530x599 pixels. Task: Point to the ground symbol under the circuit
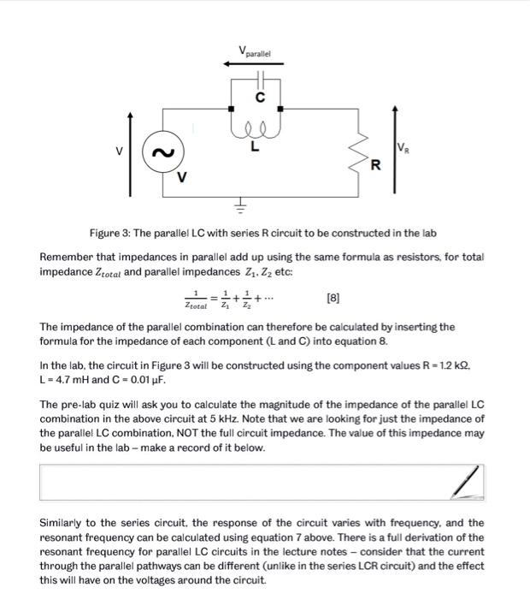tap(241, 205)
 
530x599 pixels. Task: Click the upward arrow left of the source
tap(130, 153)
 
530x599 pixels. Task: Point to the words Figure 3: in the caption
tap(112, 234)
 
